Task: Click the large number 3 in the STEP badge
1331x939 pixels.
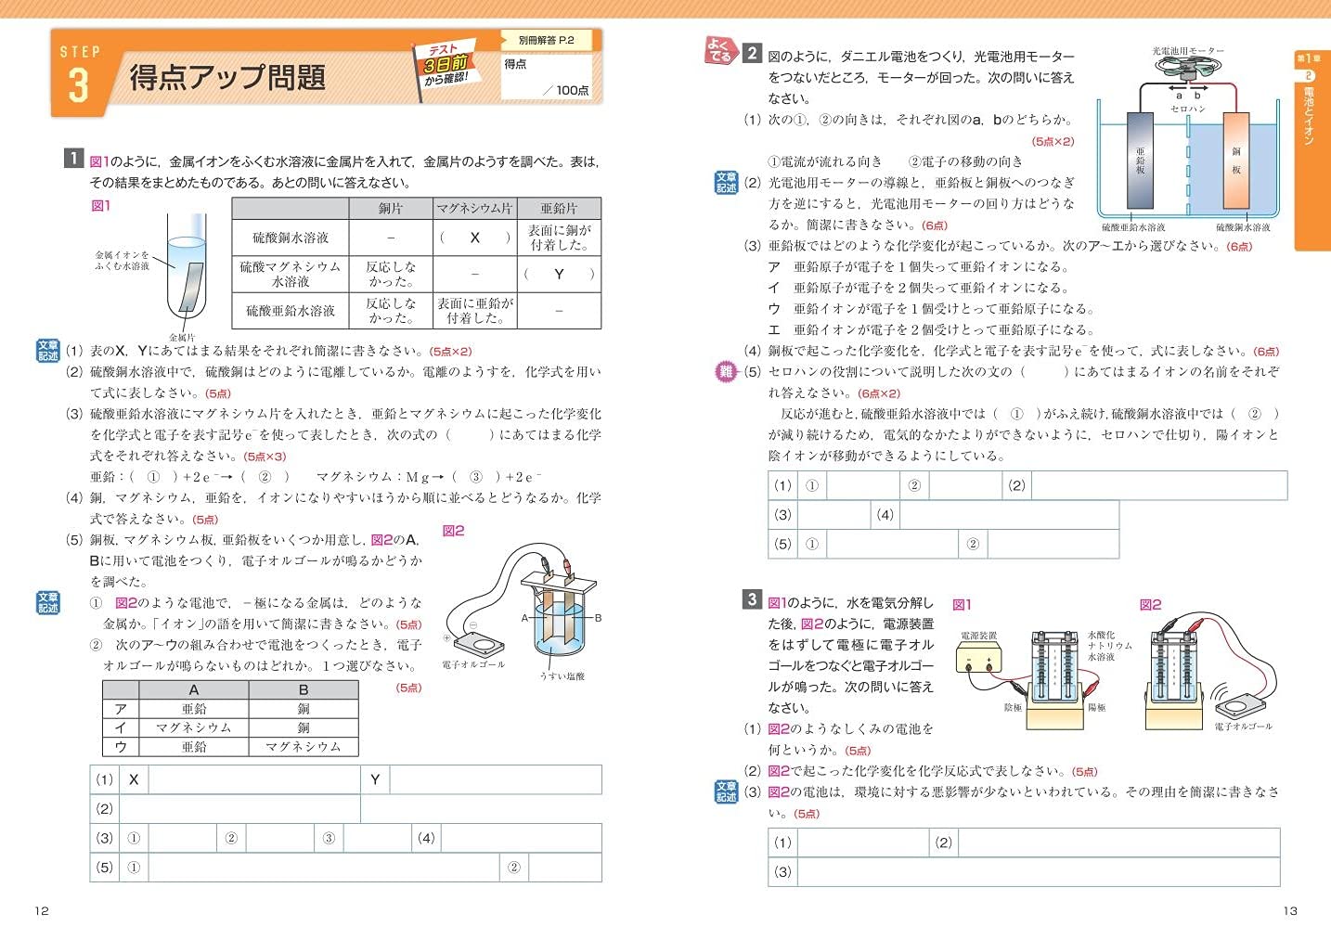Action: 78,85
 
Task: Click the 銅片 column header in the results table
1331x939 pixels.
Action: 391,209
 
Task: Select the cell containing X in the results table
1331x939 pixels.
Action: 474,238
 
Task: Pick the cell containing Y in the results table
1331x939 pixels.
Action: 559,274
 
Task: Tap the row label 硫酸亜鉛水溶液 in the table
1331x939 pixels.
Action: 291,311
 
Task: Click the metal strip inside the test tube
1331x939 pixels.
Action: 191,286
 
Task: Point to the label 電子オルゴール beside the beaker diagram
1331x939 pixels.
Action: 473,664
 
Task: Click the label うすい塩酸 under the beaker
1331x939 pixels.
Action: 562,676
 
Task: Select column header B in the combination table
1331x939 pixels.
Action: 304,689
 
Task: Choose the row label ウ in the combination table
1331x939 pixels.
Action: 121,747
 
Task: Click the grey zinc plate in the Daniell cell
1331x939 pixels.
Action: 1140,160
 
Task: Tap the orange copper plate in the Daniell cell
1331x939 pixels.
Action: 1235,160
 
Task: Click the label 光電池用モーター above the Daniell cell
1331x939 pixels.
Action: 1188,51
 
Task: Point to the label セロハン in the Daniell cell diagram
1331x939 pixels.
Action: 1188,109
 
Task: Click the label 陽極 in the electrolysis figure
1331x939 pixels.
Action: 1096,708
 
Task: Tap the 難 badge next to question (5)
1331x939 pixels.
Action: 726,372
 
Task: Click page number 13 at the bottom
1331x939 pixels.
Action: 1290,911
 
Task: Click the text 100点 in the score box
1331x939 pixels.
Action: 572,90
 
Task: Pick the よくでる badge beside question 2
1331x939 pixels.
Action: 720,51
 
